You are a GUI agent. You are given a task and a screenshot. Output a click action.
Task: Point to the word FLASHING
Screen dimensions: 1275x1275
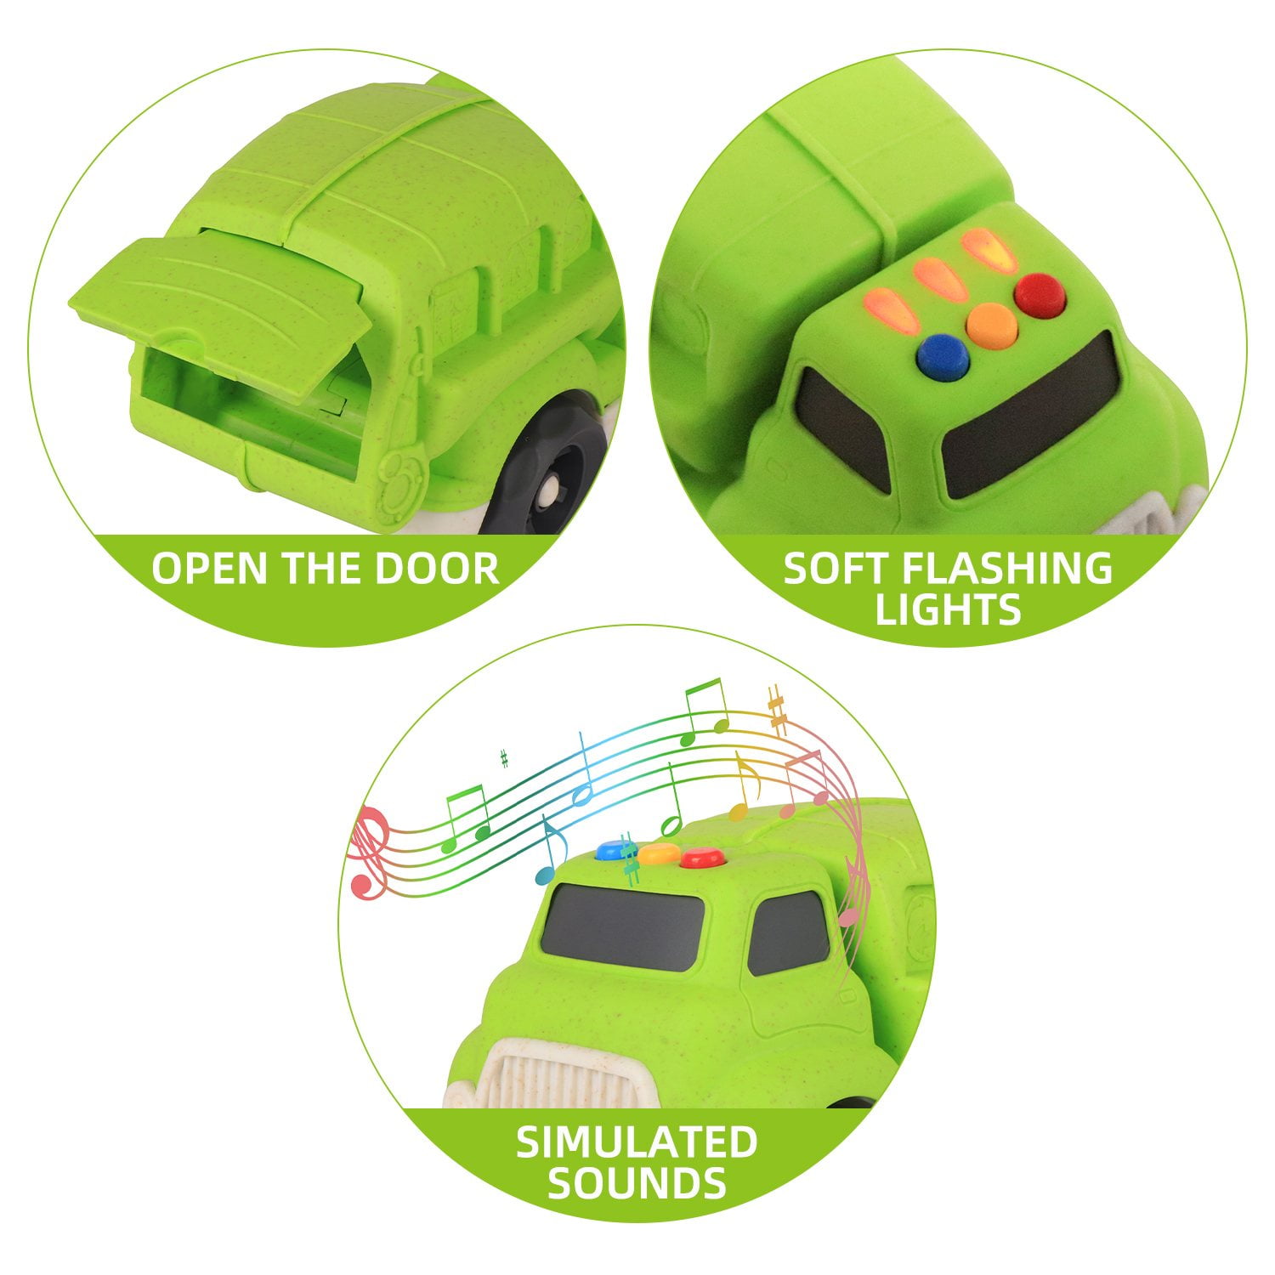pos(1010,569)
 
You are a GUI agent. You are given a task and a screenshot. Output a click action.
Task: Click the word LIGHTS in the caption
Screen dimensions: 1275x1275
pos(948,609)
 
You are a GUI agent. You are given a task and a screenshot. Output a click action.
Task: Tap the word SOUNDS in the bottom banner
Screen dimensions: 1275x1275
pos(637,1182)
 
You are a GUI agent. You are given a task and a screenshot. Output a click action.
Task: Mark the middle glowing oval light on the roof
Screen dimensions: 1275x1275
pos(941,278)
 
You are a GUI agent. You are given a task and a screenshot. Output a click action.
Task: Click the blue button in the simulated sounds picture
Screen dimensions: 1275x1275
pos(611,850)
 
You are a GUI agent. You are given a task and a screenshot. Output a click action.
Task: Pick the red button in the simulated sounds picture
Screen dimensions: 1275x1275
pos(701,858)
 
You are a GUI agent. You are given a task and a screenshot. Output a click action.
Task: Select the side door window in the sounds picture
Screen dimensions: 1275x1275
pos(788,932)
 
